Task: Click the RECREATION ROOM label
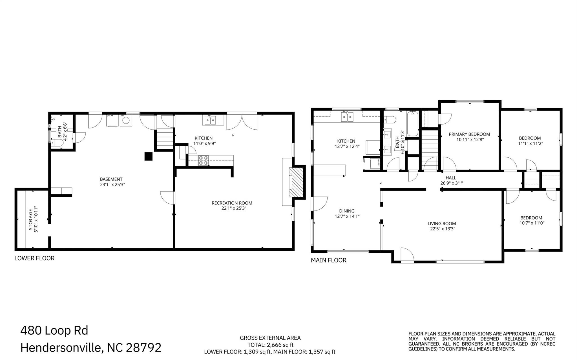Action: click(232, 203)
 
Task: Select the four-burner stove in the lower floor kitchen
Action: click(203, 160)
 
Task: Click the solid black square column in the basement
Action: click(148, 156)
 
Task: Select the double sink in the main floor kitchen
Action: click(347, 117)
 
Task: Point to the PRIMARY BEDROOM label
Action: click(469, 134)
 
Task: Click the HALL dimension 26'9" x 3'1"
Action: click(451, 183)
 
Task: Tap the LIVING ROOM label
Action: click(441, 224)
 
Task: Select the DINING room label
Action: click(347, 211)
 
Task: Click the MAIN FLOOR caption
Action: click(328, 260)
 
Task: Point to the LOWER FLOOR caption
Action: click(34, 258)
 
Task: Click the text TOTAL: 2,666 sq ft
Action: click(270, 345)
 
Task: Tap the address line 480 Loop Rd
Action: click(54, 330)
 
